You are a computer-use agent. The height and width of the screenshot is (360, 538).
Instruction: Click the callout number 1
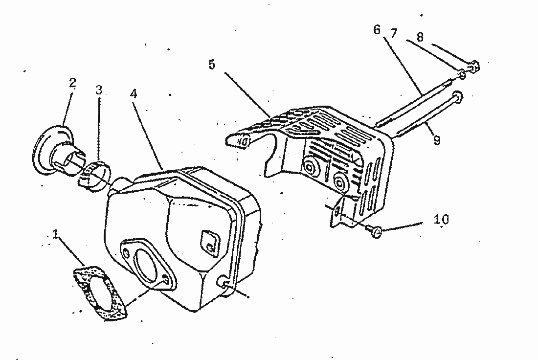55,234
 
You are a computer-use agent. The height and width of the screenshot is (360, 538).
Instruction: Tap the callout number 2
72,83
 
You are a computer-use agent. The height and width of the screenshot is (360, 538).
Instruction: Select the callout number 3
99,90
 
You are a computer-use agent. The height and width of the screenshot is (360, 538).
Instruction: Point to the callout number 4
134,93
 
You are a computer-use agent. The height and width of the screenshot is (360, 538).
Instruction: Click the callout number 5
212,64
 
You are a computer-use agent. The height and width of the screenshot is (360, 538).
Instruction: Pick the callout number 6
377,30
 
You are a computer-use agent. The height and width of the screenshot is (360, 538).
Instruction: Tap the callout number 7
394,33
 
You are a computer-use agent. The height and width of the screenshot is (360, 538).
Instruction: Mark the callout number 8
420,37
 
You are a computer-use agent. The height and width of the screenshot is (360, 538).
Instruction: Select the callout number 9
436,140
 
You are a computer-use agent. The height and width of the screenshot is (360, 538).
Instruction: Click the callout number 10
441,219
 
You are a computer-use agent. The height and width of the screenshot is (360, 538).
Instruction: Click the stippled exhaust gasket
101,293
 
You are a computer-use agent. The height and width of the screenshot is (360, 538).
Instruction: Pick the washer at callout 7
462,74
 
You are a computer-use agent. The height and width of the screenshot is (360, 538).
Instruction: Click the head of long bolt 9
457,95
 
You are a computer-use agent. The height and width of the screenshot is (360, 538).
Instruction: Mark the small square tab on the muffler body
210,243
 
